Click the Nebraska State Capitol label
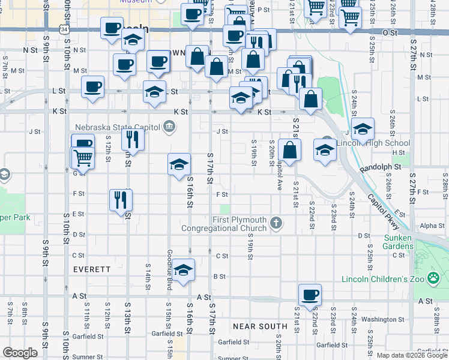pos(117,127)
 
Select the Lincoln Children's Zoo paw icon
pos(433,278)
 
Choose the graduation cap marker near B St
pos(184,269)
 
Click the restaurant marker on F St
pos(121,200)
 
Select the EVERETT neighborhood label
pos(92,270)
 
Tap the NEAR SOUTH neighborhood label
pos(260,326)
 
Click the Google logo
pos(20,353)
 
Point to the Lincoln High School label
pos(373,143)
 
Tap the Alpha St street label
pos(432,226)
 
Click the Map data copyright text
pos(412,355)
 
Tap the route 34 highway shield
pos(64,28)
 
